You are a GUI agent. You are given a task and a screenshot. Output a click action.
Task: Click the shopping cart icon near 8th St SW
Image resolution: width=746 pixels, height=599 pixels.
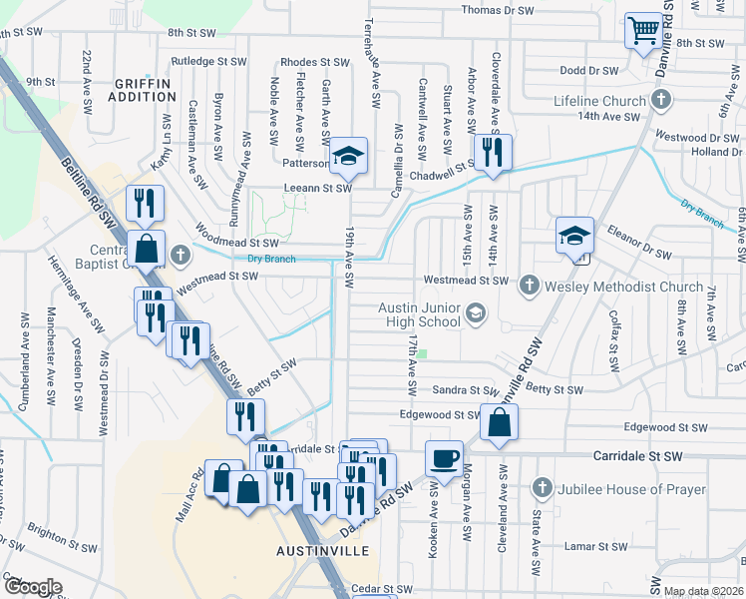point(644,31)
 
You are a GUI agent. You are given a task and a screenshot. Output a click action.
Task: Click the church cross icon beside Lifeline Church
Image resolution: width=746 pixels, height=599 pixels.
point(660,100)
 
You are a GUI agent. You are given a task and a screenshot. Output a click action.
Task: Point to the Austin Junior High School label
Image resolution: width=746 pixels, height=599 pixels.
point(419,314)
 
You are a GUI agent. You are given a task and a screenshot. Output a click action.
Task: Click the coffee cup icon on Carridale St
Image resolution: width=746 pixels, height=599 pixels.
point(444,458)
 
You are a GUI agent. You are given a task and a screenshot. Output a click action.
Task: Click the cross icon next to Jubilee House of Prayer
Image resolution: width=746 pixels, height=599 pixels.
point(543,489)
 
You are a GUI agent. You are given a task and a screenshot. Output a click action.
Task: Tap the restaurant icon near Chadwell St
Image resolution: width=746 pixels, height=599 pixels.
point(492,153)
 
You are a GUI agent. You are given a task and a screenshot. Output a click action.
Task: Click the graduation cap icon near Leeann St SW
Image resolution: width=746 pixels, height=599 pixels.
point(348,156)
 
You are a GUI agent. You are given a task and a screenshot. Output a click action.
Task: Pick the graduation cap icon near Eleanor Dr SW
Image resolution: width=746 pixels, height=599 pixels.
point(574,236)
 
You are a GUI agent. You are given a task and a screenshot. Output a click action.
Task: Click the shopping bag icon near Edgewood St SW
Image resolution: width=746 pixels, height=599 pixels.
point(499,422)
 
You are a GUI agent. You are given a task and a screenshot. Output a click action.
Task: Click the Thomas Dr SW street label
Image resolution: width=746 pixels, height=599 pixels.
point(499,10)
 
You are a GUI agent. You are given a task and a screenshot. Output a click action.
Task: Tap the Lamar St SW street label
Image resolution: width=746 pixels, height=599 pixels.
point(593,546)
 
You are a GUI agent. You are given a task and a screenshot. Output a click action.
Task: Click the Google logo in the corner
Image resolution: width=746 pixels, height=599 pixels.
point(32,587)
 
